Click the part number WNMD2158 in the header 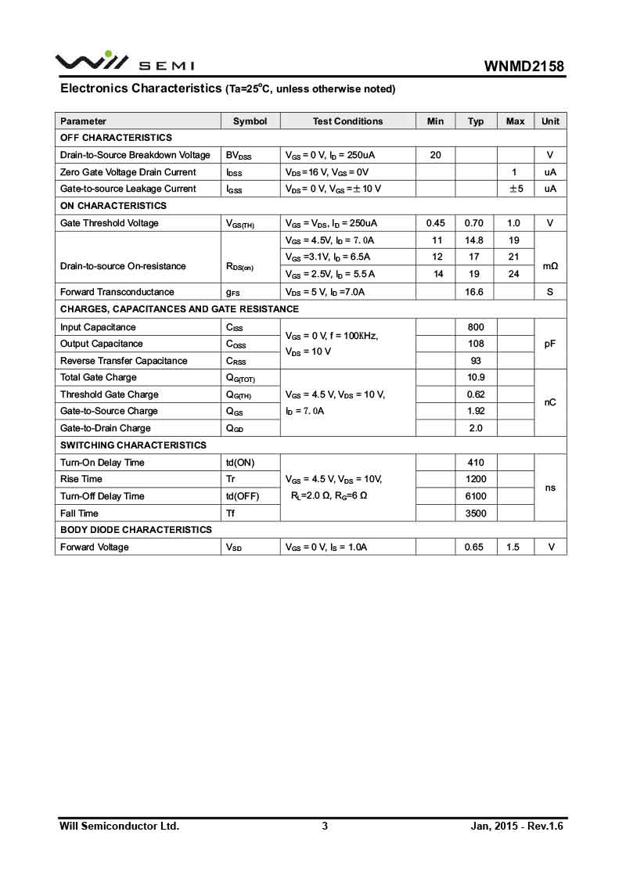[x=523, y=67]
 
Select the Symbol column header [x=250, y=121]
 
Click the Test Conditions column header [x=347, y=121]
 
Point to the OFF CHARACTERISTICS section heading [x=116, y=138]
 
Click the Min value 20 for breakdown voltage [x=436, y=155]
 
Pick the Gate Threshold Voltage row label [x=109, y=223]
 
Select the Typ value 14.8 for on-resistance [x=474, y=240]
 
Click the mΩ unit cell [x=550, y=266]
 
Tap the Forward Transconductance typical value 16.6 [x=474, y=292]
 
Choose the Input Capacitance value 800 [x=475, y=327]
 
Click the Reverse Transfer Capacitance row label [x=124, y=361]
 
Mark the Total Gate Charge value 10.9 [x=475, y=377]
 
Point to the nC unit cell [x=550, y=402]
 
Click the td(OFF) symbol [x=242, y=496]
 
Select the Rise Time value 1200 [x=475, y=479]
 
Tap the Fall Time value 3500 [x=475, y=513]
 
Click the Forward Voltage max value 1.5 [x=513, y=547]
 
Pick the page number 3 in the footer [x=325, y=826]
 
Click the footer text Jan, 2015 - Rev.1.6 [x=516, y=826]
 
